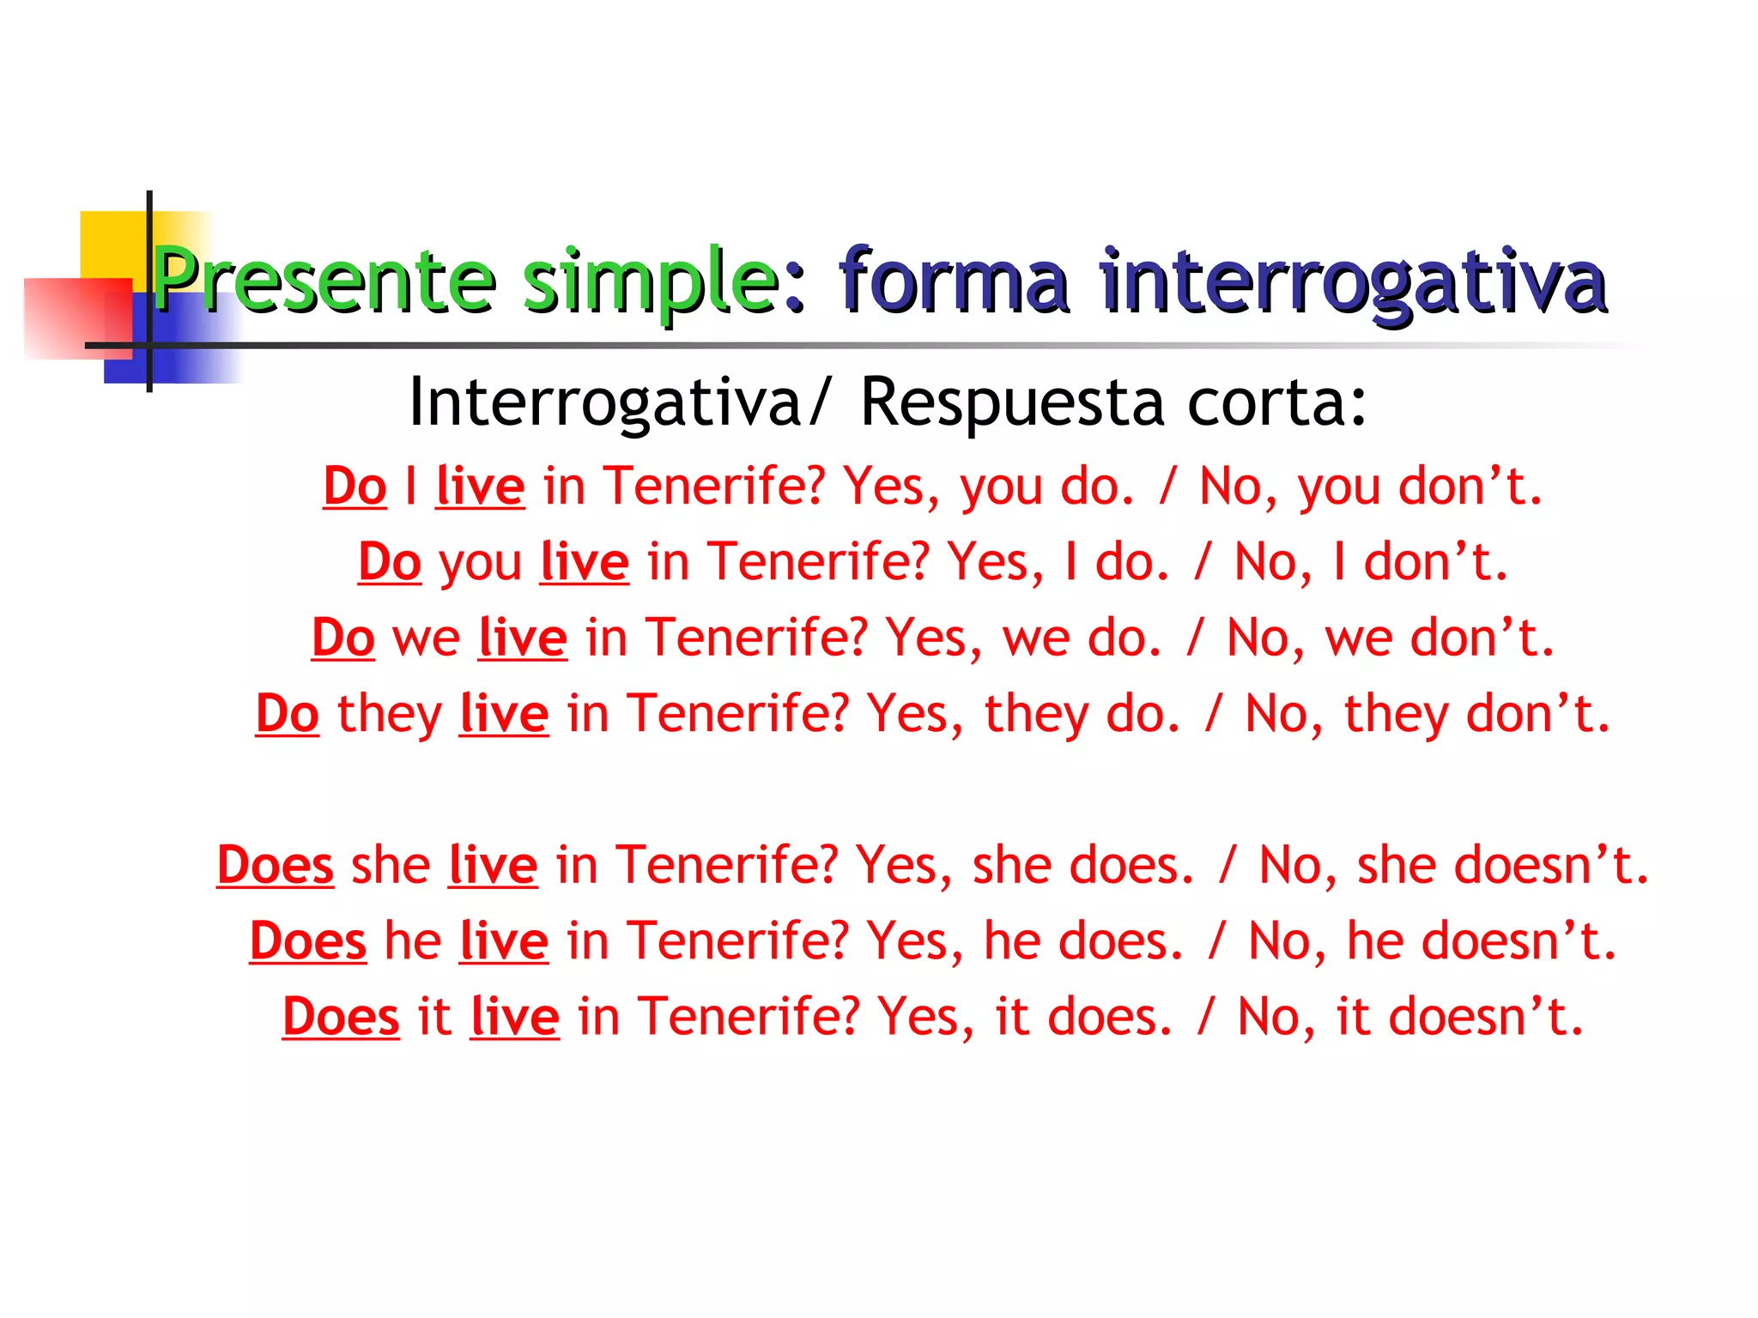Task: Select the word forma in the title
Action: pyautogui.click(x=954, y=280)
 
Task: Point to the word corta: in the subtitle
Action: pyautogui.click(x=1276, y=402)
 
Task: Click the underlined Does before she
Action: pyautogui.click(x=275, y=865)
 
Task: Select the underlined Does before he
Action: pyautogui.click(x=307, y=941)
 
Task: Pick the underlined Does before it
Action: pyautogui.click(x=341, y=1017)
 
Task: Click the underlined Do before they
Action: pyautogui.click(x=288, y=714)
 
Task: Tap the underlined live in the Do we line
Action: pyautogui.click(x=523, y=638)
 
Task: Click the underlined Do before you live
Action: pyautogui.click(x=390, y=563)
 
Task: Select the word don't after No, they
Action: pyautogui.click(x=1538, y=714)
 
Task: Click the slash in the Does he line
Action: pyautogui.click(x=1215, y=941)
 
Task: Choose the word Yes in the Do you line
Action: pyautogui.click(x=995, y=563)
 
